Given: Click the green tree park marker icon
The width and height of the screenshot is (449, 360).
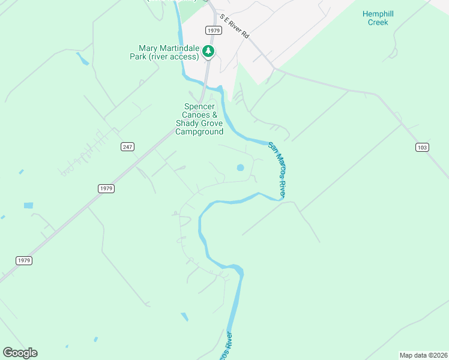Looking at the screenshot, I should (x=208, y=52).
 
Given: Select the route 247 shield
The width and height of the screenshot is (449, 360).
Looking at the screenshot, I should (x=127, y=146).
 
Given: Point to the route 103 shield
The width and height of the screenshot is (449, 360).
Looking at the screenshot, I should (x=422, y=147).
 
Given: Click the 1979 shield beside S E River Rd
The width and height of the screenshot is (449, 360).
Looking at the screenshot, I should (x=212, y=30).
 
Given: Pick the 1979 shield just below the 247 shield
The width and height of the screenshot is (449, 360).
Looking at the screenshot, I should (x=106, y=188).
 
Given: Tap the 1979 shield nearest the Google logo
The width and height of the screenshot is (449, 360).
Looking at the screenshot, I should (x=23, y=260).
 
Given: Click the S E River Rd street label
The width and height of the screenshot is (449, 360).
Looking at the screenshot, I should (x=234, y=27).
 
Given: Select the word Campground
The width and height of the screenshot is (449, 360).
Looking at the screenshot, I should (x=199, y=132).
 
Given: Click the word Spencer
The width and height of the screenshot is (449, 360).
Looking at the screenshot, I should (x=198, y=107).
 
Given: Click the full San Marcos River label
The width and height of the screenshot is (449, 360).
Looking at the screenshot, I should (x=277, y=170).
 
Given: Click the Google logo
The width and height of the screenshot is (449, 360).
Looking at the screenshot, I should (x=20, y=353).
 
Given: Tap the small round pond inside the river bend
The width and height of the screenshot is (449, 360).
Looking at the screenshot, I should (x=241, y=167).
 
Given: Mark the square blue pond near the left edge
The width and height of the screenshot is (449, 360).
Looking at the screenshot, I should (x=28, y=206).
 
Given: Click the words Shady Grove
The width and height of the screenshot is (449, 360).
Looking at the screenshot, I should (x=199, y=124).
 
